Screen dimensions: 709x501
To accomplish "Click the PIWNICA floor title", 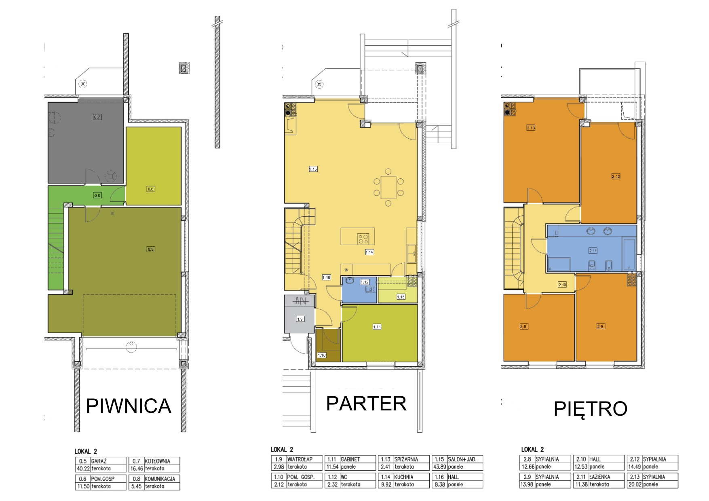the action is click(129, 406).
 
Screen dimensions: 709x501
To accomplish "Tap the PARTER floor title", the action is click(366, 404).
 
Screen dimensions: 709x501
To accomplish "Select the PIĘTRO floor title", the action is click(590, 408).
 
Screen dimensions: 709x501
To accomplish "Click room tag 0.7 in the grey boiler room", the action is click(97, 117).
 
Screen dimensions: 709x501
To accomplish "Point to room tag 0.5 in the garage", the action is click(151, 249).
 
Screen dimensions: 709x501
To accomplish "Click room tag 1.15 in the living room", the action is click(313, 169).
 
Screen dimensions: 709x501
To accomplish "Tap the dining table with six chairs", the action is click(388, 187).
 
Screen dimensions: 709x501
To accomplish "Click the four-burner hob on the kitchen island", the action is click(363, 239).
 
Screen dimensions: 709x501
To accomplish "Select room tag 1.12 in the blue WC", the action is click(365, 282).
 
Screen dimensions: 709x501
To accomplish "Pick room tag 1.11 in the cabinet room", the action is click(377, 327).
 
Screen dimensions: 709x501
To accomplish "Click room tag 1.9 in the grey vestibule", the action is click(300, 319).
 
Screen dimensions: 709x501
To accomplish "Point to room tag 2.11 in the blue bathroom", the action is click(593, 251).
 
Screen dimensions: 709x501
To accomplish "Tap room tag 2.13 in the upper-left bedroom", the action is click(531, 128).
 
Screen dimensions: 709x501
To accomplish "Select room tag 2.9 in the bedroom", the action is click(601, 326).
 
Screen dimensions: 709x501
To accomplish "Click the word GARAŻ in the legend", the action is click(99, 461).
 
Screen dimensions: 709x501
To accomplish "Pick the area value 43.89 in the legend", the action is click(439, 467).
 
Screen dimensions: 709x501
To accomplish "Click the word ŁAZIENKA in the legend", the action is click(600, 477).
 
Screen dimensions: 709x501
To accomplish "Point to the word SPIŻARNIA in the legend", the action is click(406, 459).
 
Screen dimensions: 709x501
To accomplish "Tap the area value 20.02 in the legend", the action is click(635, 484).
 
